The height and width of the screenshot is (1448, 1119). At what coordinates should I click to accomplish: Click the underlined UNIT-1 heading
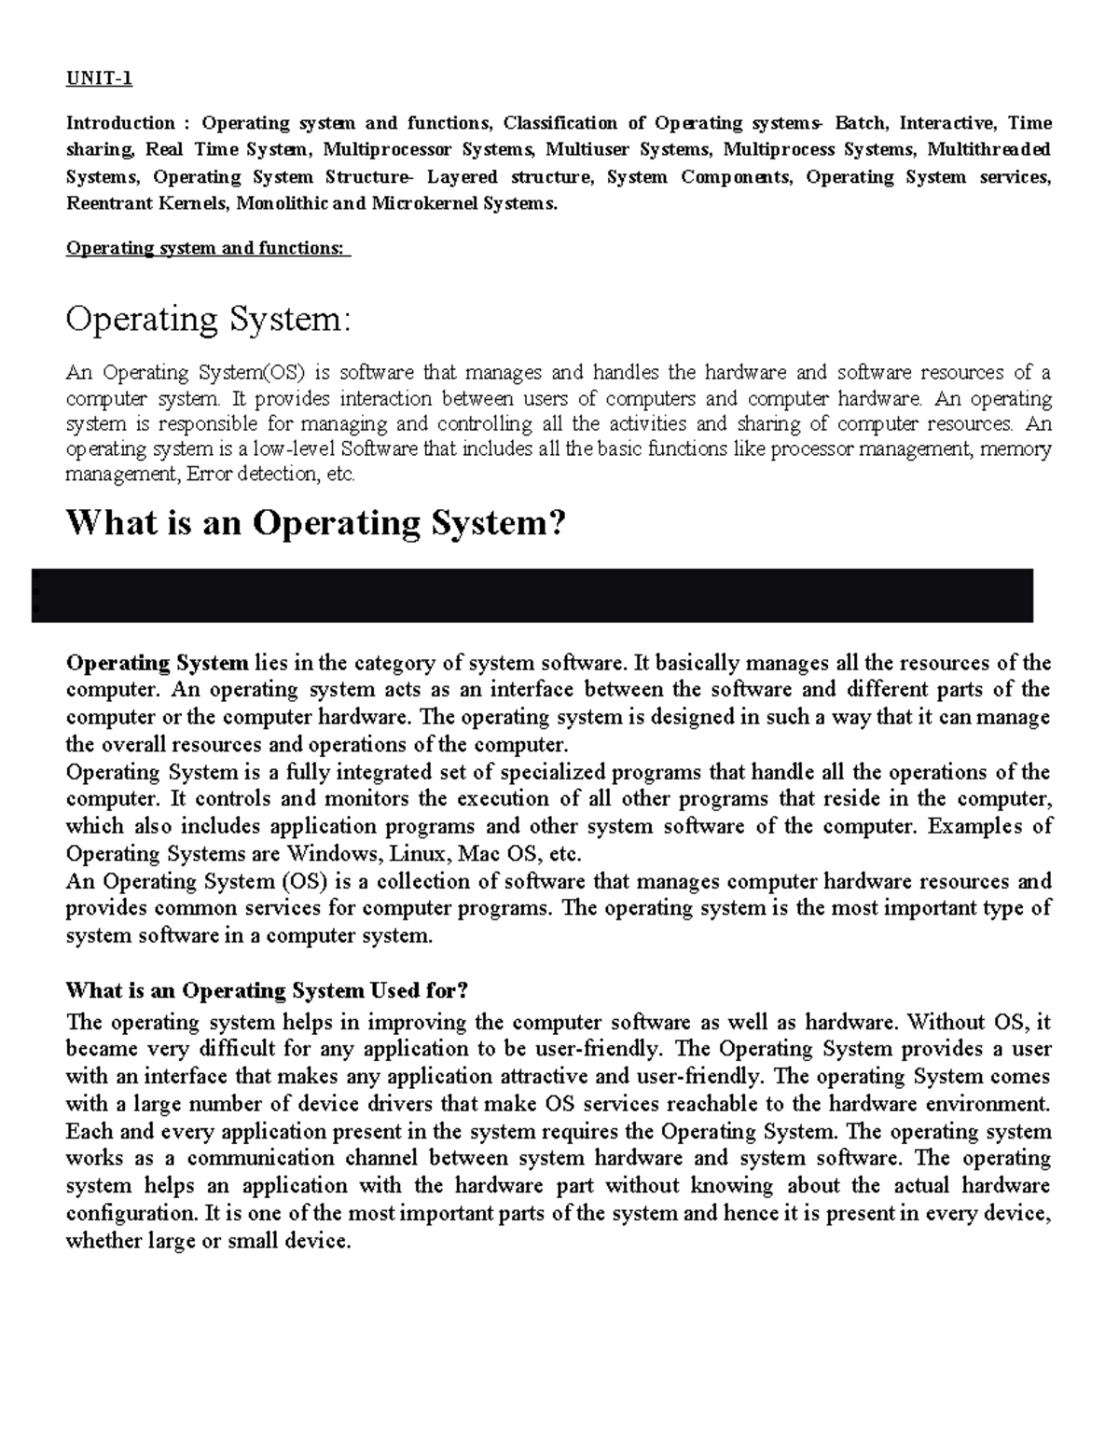pyautogui.click(x=99, y=78)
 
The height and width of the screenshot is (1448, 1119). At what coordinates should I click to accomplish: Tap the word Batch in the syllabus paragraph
pyautogui.click(x=862, y=123)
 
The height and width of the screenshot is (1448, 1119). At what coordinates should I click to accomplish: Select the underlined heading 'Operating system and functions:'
pyautogui.click(x=206, y=249)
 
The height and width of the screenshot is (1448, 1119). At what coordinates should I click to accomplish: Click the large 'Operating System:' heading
pyautogui.click(x=209, y=320)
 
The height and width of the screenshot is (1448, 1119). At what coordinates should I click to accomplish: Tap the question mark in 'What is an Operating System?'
pyautogui.click(x=557, y=523)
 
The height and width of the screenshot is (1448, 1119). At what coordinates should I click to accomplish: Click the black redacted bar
pyautogui.click(x=532, y=596)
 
